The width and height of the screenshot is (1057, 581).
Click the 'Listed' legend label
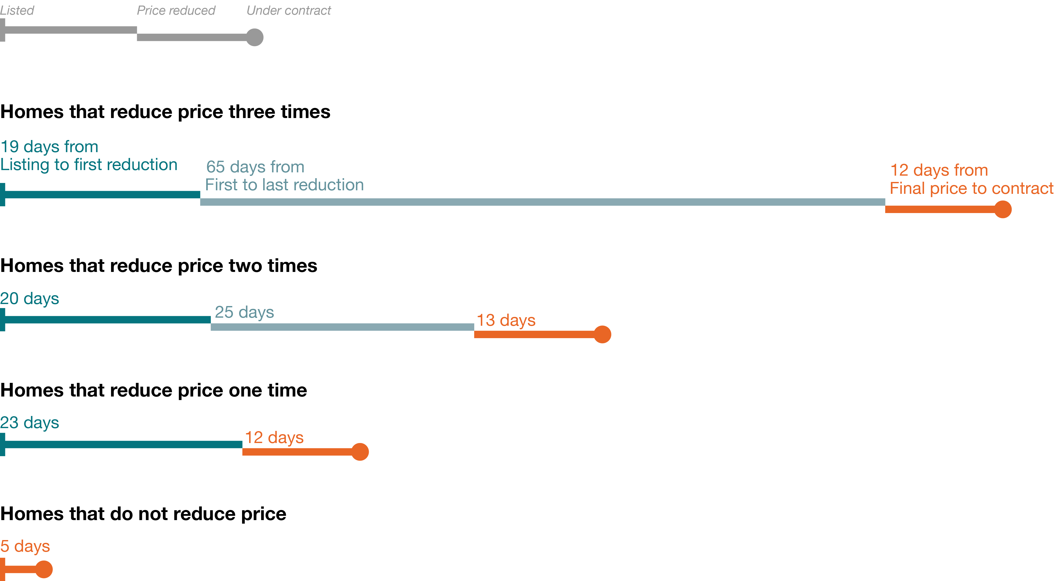tap(17, 10)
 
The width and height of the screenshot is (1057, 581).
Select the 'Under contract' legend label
tap(288, 10)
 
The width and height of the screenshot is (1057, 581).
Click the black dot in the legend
tap(254, 37)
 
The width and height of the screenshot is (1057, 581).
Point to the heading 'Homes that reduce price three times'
tap(165, 111)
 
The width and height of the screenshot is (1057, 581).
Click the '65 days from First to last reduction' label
tap(284, 176)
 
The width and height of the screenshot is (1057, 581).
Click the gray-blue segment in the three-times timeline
tap(542, 202)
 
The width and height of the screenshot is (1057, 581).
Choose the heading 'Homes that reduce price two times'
tap(159, 266)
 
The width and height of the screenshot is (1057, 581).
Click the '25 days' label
tap(244, 312)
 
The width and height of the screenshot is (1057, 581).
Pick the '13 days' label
tap(506, 320)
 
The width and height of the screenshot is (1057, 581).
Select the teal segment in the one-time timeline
tap(123, 445)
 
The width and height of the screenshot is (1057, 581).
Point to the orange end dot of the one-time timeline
tap(360, 452)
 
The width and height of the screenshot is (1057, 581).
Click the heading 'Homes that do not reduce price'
tap(143, 514)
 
